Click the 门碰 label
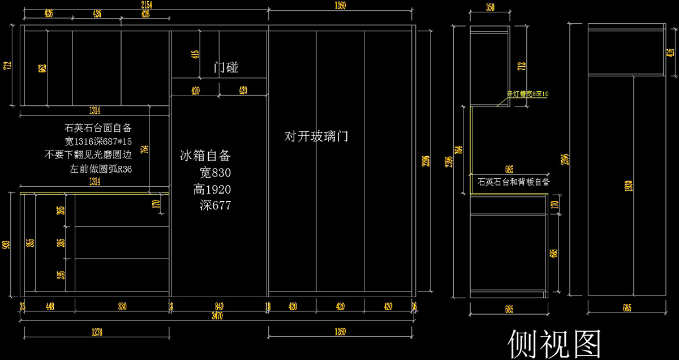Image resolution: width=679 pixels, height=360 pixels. (226, 68)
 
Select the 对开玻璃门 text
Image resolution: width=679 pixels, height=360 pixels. (316, 136)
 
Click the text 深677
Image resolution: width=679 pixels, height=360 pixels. (215, 205)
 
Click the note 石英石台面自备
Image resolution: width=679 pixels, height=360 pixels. (98, 128)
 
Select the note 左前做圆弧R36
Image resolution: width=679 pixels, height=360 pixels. (101, 169)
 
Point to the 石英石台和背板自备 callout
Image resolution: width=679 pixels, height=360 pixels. (513, 182)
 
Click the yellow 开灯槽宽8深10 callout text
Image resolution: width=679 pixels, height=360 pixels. (527, 95)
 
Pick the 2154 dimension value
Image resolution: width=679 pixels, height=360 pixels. (146, 5)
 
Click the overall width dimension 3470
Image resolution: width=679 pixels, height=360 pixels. (217, 316)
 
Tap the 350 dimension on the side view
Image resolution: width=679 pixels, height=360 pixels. (490, 7)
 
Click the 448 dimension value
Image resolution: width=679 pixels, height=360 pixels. (50, 306)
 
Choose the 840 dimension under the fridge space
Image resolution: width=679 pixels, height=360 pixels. (220, 306)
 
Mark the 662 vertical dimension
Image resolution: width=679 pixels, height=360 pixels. (42, 68)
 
